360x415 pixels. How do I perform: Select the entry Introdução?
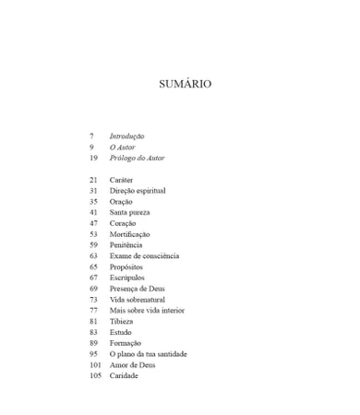point(126,136)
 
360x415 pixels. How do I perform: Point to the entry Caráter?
point(122,180)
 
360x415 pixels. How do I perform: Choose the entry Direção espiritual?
point(138,191)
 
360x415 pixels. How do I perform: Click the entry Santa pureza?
point(129,212)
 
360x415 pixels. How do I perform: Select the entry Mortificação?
point(130,234)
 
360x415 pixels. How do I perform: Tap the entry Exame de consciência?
point(144,256)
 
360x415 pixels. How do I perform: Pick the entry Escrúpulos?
point(127,278)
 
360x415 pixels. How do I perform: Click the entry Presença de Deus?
point(138,289)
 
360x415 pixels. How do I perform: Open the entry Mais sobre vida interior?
point(146,311)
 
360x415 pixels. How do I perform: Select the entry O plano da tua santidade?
point(148,354)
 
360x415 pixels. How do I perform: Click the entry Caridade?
point(124,376)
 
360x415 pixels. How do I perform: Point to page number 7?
point(91,136)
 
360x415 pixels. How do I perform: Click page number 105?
point(95,376)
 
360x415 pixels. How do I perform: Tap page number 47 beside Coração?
point(93,223)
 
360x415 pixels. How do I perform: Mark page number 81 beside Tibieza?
point(93,322)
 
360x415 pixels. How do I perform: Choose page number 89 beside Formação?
point(93,343)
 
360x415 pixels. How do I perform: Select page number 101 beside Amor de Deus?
point(95,365)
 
